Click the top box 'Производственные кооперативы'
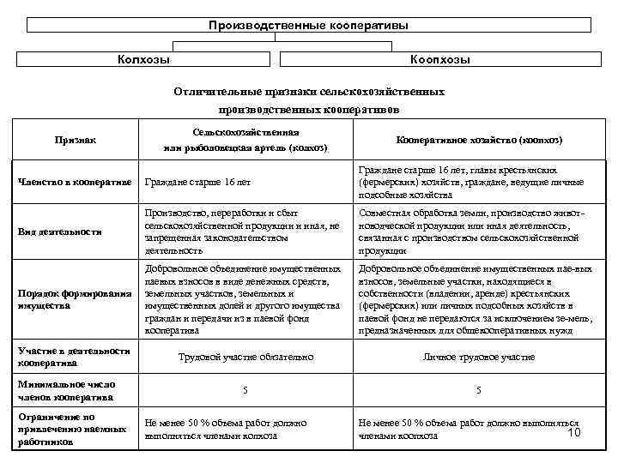[x=308, y=25]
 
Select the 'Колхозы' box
[x=143, y=59]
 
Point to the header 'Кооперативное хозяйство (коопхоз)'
[x=479, y=139]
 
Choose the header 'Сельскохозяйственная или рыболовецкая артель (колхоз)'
[x=245, y=140]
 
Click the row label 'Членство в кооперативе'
[x=75, y=182]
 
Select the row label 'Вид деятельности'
[x=60, y=231]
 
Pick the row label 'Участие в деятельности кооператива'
[x=74, y=357]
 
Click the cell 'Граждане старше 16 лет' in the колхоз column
[x=198, y=183]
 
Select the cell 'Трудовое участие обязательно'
[x=245, y=357]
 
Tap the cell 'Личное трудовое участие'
[x=479, y=357]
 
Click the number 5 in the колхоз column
[x=245, y=391]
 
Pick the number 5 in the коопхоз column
[x=479, y=391]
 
